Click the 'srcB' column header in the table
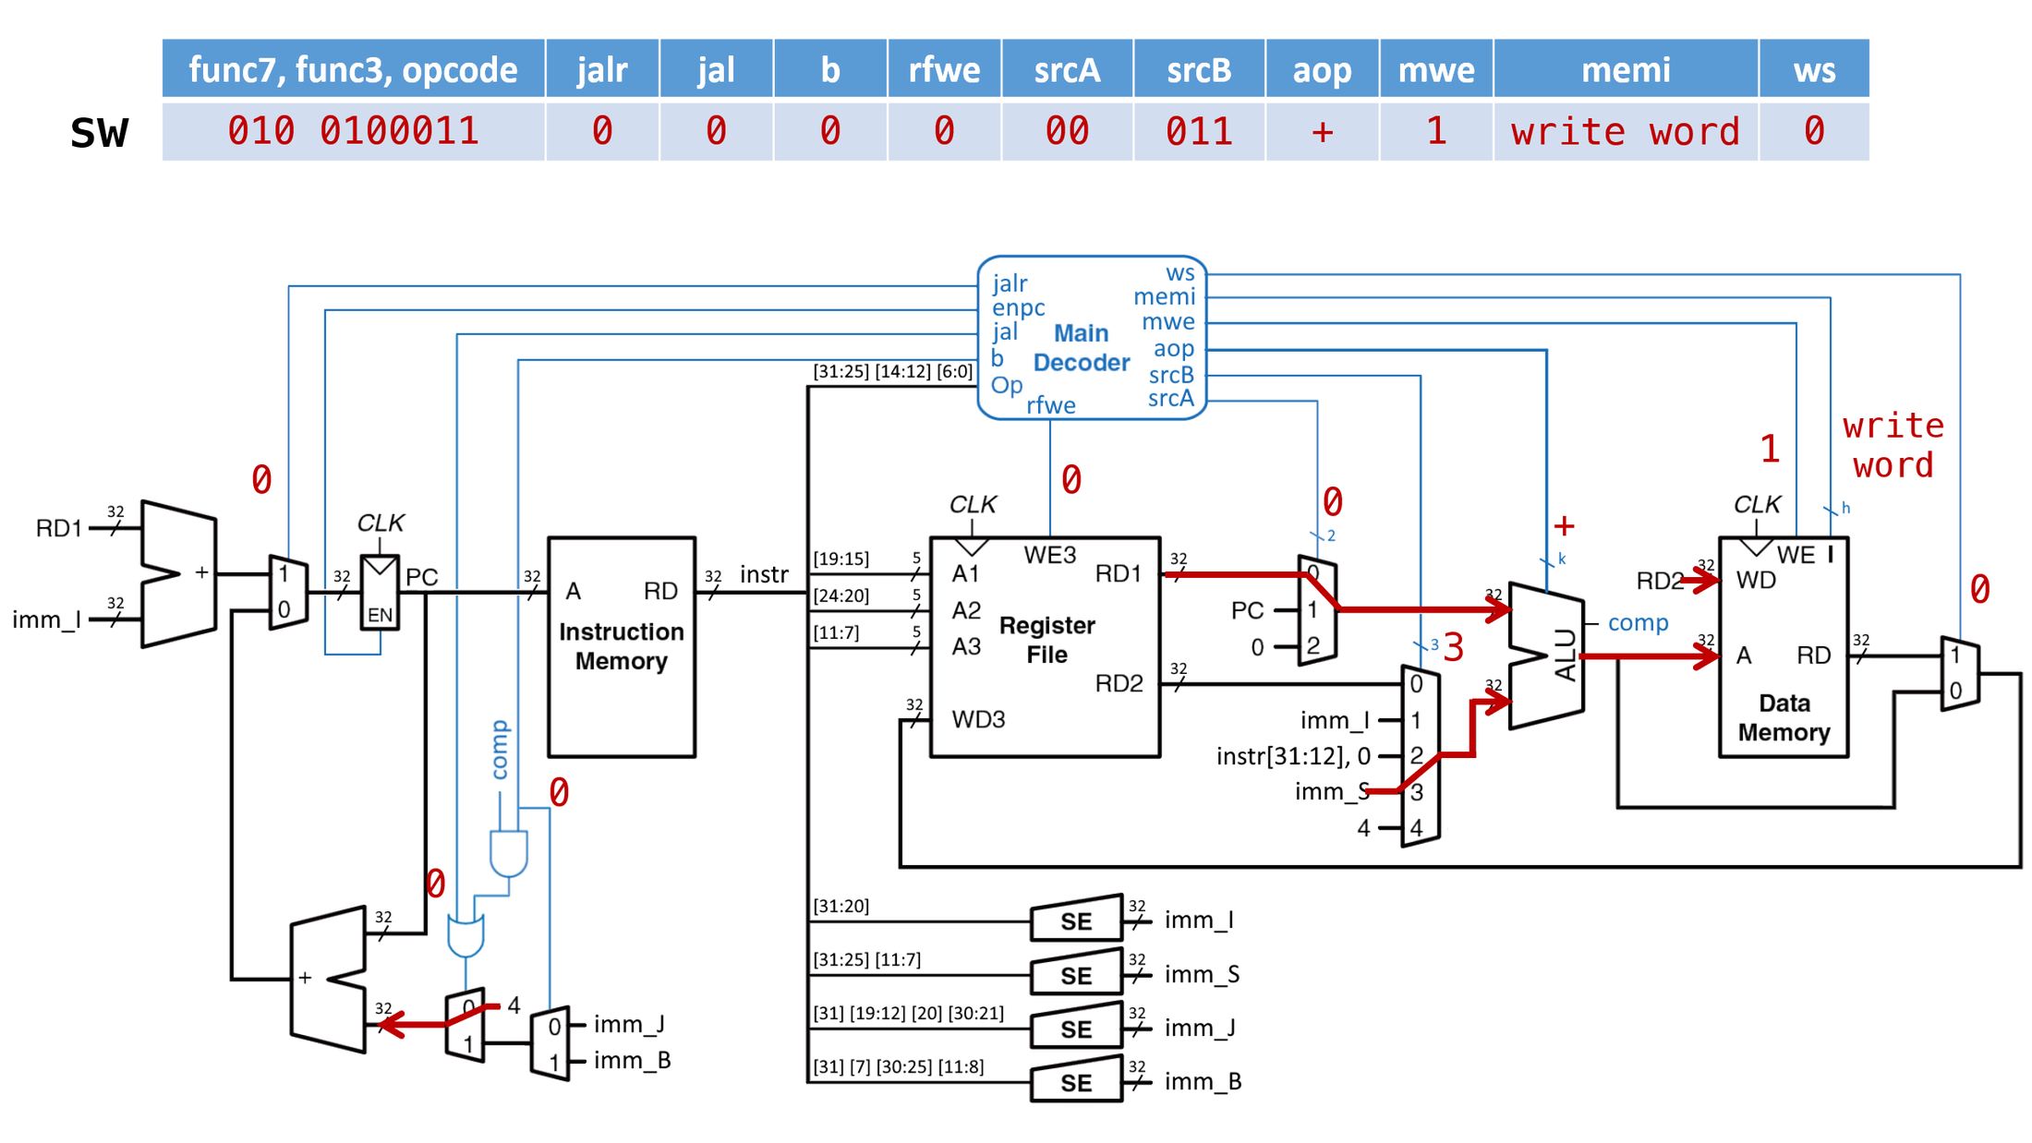[1198, 69]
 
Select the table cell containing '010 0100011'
[353, 131]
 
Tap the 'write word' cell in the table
[1625, 131]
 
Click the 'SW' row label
[99, 133]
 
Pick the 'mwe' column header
[1435, 69]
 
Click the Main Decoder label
[1081, 348]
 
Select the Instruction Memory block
[621, 646]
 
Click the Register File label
[1046, 640]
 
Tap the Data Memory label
[1784, 717]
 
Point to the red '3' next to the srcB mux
[1454, 648]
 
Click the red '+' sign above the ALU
[1564, 526]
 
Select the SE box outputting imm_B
[1076, 1082]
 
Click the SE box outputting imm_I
[1076, 920]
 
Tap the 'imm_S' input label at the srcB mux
[1331, 791]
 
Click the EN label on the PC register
[380, 615]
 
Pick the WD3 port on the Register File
[977, 719]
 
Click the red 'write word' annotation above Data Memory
[1893, 445]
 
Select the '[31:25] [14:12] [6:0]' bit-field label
[892, 371]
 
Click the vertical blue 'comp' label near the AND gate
[500, 750]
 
